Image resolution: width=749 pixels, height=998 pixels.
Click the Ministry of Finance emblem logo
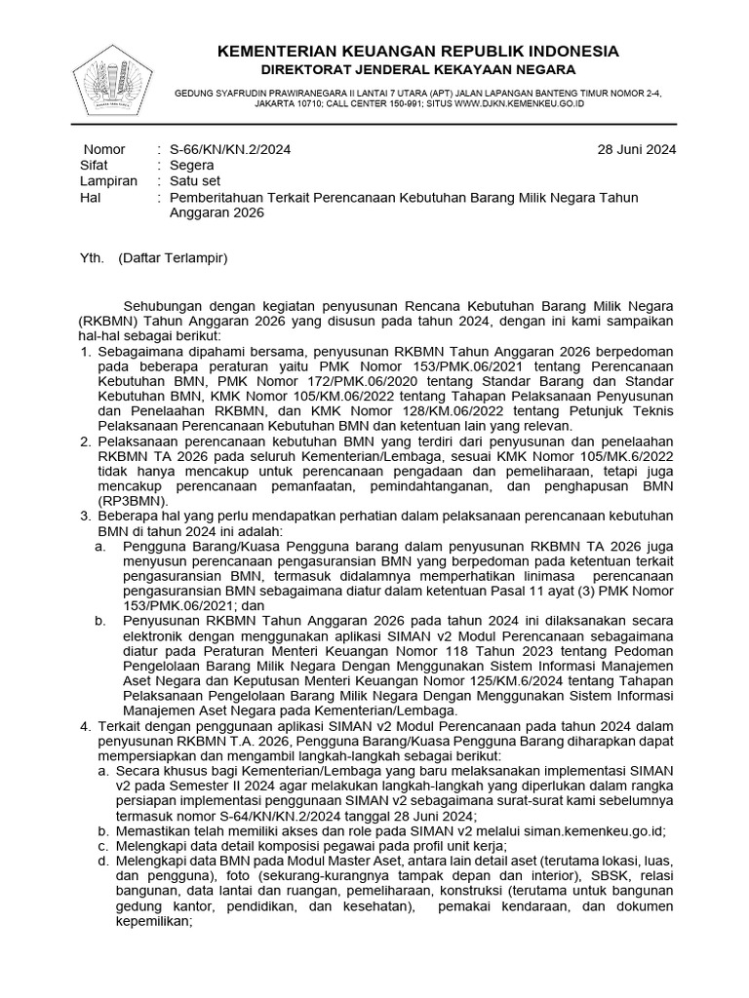113,76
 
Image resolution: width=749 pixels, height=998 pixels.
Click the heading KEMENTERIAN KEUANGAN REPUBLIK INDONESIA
417,51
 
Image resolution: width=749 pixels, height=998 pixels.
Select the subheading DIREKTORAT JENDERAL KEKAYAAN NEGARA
417,69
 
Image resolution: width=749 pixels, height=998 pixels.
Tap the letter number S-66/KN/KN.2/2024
230,149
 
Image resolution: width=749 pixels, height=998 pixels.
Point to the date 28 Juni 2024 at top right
637,149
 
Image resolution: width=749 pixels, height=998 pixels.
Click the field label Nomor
104,149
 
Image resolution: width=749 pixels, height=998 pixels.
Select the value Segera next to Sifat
192,165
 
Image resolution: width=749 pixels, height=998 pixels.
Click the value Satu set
195,181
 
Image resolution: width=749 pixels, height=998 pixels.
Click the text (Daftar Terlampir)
173,258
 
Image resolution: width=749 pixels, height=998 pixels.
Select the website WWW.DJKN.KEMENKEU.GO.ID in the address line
519,103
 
